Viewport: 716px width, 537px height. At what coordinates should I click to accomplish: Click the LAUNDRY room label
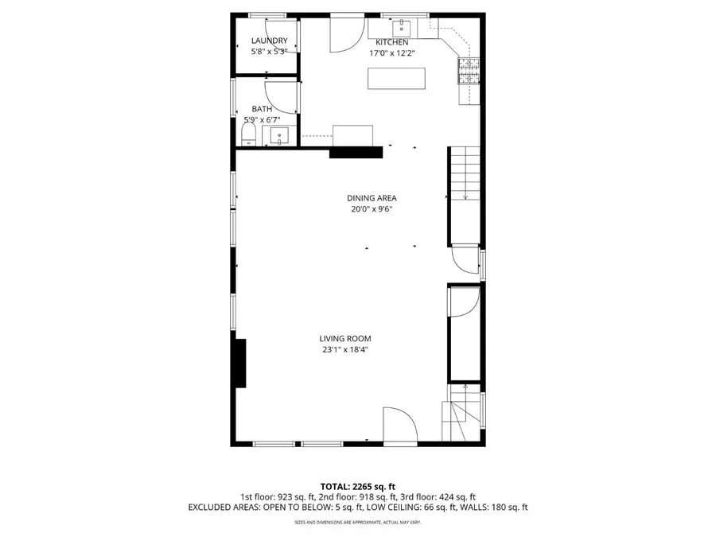(x=269, y=41)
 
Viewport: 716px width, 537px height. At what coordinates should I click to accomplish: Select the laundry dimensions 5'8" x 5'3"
(x=269, y=52)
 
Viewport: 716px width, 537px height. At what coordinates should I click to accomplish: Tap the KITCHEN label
(x=392, y=42)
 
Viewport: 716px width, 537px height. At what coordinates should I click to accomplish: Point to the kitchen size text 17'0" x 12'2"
(x=392, y=53)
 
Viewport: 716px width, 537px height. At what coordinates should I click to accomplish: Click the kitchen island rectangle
(x=396, y=78)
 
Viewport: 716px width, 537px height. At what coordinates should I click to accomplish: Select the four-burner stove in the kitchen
(x=469, y=72)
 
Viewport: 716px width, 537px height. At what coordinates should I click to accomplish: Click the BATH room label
(x=262, y=109)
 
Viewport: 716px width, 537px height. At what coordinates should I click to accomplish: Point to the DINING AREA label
(x=372, y=198)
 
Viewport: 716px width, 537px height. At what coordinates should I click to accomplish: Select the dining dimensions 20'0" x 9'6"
(x=372, y=209)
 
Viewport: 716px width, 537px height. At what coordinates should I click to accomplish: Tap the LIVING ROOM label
(x=346, y=338)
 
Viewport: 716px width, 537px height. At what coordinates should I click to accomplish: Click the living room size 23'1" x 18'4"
(x=346, y=349)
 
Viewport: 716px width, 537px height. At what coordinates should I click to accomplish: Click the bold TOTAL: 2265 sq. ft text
(x=358, y=486)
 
